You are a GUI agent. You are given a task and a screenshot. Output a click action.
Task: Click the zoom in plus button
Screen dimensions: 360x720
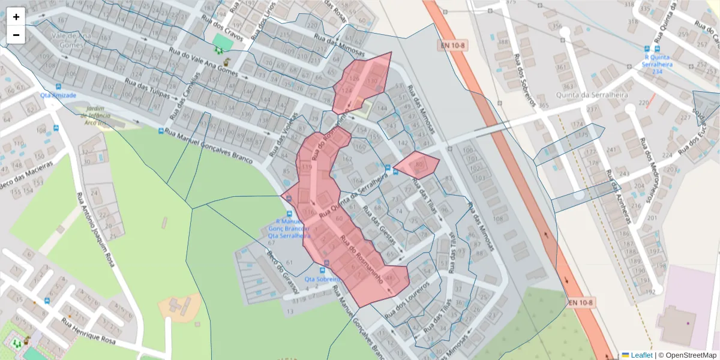click(x=16, y=17)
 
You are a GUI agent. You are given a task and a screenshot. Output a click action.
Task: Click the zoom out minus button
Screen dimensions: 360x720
click(x=16, y=35)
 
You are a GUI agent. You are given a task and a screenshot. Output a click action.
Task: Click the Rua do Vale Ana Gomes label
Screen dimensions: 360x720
click(x=204, y=63)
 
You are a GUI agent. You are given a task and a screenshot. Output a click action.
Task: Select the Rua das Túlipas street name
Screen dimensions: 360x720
click(x=151, y=91)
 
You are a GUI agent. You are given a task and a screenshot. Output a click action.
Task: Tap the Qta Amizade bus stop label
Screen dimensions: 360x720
click(x=58, y=95)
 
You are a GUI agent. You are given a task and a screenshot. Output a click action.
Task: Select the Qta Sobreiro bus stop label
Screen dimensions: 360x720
click(x=322, y=279)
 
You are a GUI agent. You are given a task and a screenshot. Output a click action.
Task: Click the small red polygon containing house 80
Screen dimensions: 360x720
click(x=417, y=165)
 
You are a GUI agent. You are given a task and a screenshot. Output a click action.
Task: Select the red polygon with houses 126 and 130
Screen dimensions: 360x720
click(x=363, y=83)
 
